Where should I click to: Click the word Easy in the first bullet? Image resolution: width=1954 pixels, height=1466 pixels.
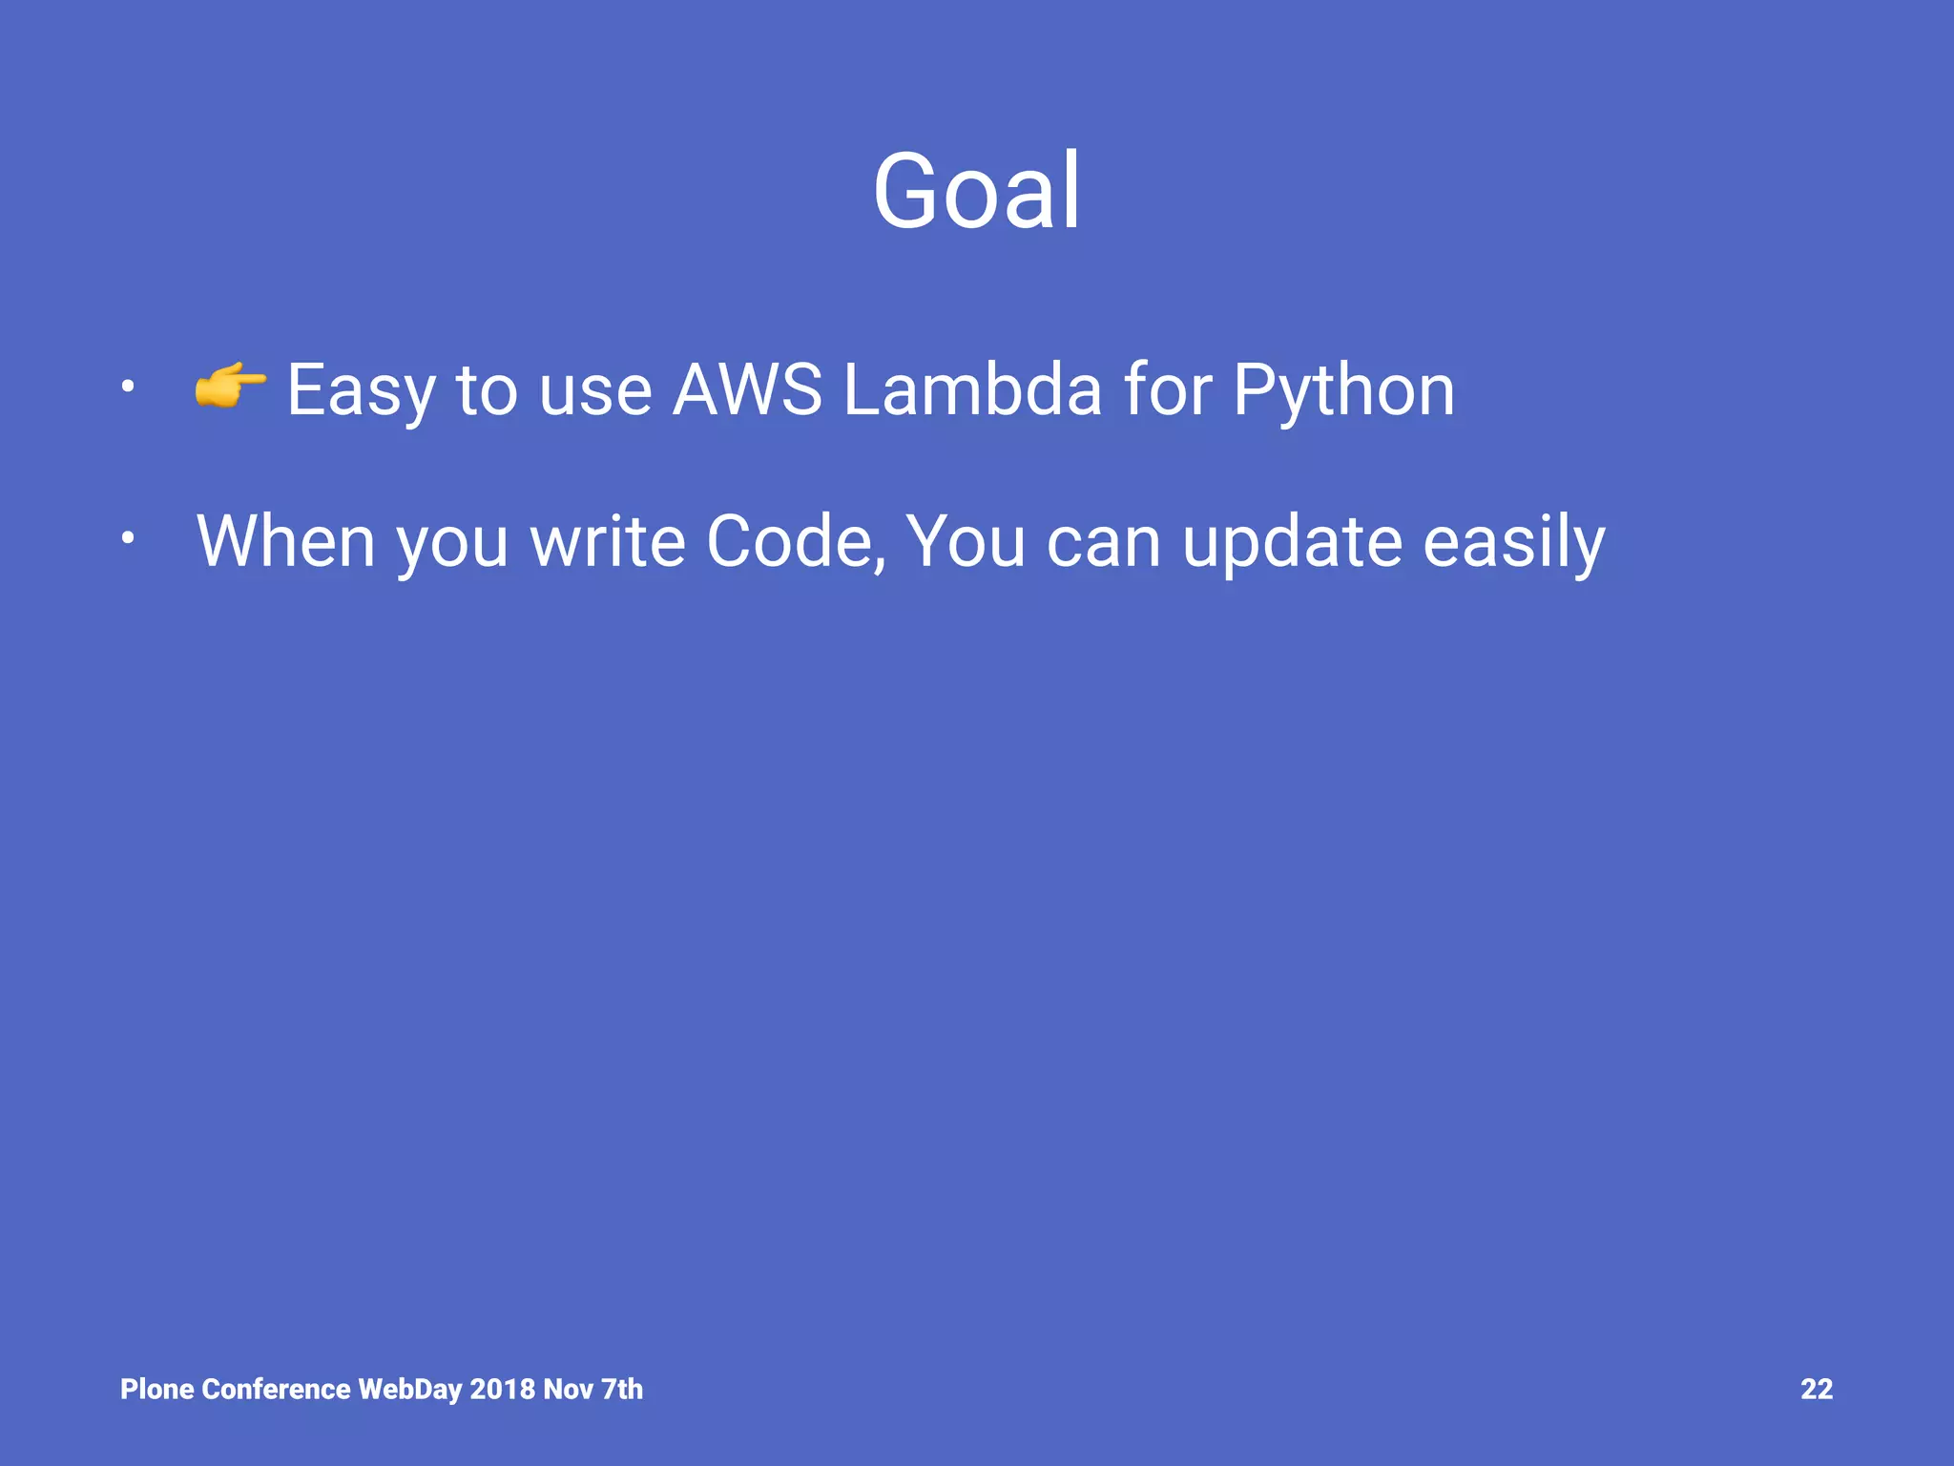[x=360, y=391]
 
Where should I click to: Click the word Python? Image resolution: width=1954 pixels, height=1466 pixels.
[x=1343, y=391]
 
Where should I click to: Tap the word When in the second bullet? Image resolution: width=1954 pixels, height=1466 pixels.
[x=285, y=541]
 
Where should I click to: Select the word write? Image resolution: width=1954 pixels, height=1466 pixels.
[x=608, y=541]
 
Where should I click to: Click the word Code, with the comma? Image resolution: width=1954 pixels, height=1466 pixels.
[x=796, y=541]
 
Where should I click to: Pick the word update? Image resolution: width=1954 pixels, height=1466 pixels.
[x=1292, y=543]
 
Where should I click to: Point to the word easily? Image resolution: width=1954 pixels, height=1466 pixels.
[x=1514, y=543]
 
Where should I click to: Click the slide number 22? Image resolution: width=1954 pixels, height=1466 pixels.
[x=1816, y=1389]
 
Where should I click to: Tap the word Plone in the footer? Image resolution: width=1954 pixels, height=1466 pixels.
[x=157, y=1389]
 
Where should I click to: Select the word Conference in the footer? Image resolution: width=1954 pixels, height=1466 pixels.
[x=277, y=1389]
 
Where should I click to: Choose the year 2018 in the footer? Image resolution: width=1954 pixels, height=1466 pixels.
[x=502, y=1389]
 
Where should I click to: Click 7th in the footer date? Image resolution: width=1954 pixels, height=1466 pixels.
[x=622, y=1389]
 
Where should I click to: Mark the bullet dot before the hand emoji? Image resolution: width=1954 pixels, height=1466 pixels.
[x=127, y=387]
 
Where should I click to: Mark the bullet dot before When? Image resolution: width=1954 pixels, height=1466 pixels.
[x=127, y=539]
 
